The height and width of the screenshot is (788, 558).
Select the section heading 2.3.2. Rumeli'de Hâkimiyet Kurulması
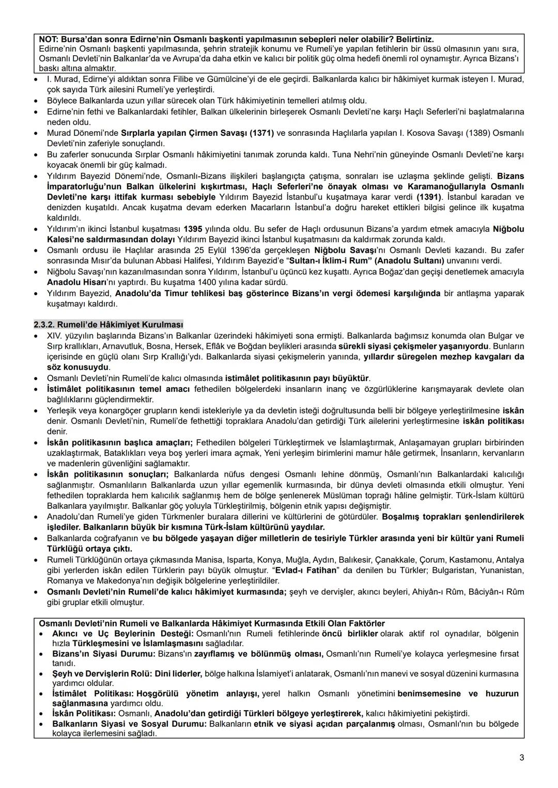[109, 325]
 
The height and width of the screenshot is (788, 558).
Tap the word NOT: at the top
[49, 39]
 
